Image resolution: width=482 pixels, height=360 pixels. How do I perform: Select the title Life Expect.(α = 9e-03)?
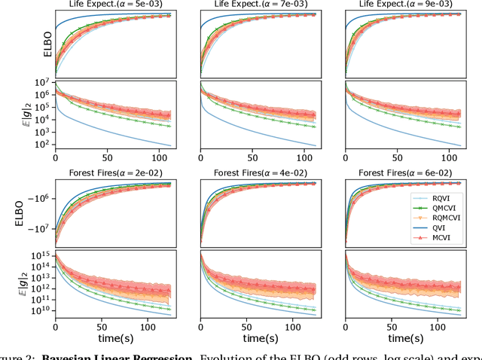[405, 5]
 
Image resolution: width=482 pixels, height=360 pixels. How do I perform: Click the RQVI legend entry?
[444, 194]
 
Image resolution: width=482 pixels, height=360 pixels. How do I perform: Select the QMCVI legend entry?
[446, 205]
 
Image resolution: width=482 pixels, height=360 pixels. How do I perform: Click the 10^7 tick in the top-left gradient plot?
[41, 82]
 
